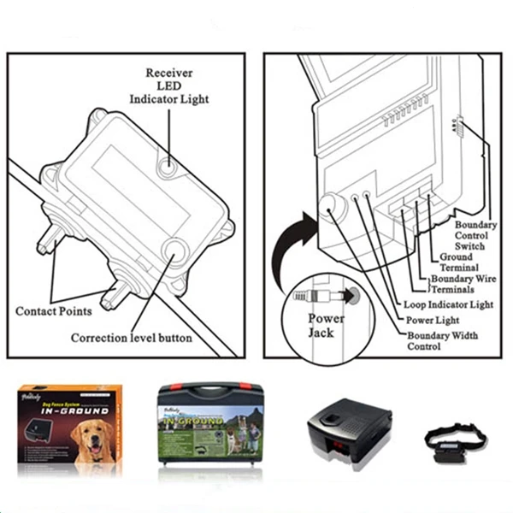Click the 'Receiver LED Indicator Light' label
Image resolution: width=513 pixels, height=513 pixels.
tap(169, 85)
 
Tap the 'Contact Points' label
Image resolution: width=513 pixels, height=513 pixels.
tap(53, 311)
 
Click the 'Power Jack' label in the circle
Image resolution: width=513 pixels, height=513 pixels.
tap(326, 325)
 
